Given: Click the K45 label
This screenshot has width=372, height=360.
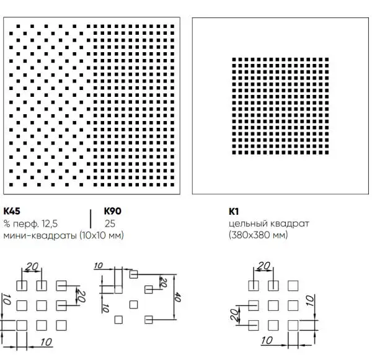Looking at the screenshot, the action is click(12, 211).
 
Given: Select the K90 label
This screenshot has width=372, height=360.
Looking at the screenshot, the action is click(113, 211).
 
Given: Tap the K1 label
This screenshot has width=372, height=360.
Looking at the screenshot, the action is click(234, 212).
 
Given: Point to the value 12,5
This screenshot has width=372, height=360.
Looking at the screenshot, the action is click(50, 223).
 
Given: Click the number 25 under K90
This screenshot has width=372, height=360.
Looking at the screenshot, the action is click(110, 223).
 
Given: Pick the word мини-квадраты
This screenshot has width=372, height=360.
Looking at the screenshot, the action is click(40, 235).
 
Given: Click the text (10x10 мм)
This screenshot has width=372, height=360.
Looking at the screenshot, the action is click(102, 235).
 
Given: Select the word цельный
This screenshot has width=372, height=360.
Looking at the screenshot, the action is click(248, 224).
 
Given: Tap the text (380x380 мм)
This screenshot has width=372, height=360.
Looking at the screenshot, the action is click(259, 235).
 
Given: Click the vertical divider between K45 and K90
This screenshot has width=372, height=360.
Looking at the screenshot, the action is click(91, 218).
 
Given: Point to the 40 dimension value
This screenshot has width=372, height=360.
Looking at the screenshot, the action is click(178, 297).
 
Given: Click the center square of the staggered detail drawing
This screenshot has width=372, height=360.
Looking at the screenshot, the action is click(133, 305).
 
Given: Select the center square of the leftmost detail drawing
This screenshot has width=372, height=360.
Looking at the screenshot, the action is click(42, 305).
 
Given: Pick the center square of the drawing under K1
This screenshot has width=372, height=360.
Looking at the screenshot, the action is click(273, 305).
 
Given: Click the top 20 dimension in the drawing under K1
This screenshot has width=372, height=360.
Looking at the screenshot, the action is click(263, 266).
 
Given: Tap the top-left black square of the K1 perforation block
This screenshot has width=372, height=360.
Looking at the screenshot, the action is click(234, 60).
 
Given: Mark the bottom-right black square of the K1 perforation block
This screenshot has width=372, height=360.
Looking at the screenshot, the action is click(327, 153).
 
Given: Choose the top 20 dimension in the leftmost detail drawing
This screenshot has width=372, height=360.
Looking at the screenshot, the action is click(32, 267).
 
